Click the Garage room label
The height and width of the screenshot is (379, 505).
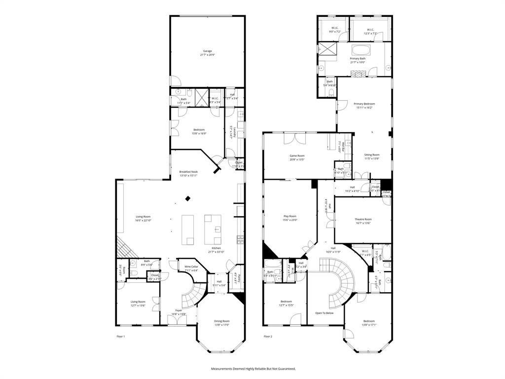207,51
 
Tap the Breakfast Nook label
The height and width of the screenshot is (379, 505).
188,172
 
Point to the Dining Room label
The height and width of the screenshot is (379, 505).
221,321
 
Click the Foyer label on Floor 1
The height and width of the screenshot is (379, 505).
178,310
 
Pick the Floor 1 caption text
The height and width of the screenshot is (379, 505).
121,337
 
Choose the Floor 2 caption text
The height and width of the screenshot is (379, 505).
268,337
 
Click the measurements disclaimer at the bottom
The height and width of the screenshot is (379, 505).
253,369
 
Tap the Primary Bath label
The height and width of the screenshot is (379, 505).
358,58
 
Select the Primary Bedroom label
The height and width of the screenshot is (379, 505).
364,104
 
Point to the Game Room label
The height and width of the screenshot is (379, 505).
297,156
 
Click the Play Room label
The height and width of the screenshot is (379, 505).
289,216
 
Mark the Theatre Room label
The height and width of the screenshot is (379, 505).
363,219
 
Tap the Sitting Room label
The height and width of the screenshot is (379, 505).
371,155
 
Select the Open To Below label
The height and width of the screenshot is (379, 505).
325,313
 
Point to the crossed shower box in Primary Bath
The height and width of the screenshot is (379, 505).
326,49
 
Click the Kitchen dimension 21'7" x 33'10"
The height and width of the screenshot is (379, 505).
216,252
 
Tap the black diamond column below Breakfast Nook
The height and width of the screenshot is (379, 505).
187,198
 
